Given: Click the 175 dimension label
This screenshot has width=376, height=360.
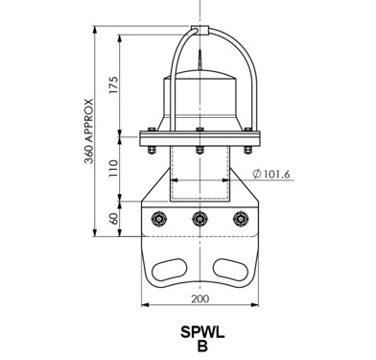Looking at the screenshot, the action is (x=113, y=84).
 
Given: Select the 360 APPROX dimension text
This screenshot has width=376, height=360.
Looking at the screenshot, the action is (x=89, y=132).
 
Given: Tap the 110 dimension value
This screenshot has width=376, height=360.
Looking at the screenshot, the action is (x=113, y=168).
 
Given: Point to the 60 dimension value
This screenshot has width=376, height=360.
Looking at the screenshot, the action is (x=114, y=218).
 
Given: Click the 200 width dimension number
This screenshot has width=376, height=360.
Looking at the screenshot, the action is (x=200, y=299).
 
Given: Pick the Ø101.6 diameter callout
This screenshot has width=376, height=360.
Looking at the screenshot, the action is (x=271, y=174).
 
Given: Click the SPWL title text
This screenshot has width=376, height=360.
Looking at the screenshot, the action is (x=202, y=332).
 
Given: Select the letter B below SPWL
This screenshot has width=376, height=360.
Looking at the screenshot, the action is (x=202, y=346).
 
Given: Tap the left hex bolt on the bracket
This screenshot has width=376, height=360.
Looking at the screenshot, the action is (x=158, y=219).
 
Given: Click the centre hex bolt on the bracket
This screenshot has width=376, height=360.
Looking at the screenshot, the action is (x=200, y=219).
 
